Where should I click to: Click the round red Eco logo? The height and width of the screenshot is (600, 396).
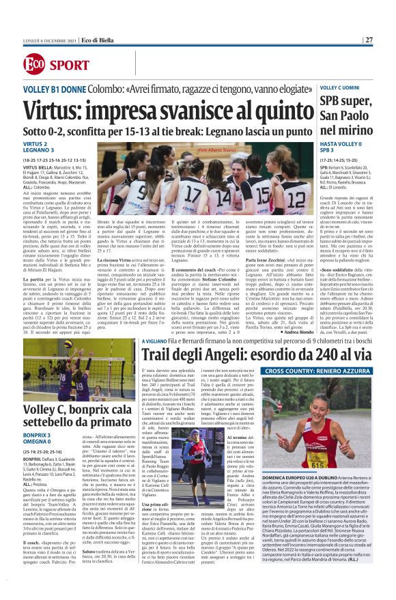tap(33, 65)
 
